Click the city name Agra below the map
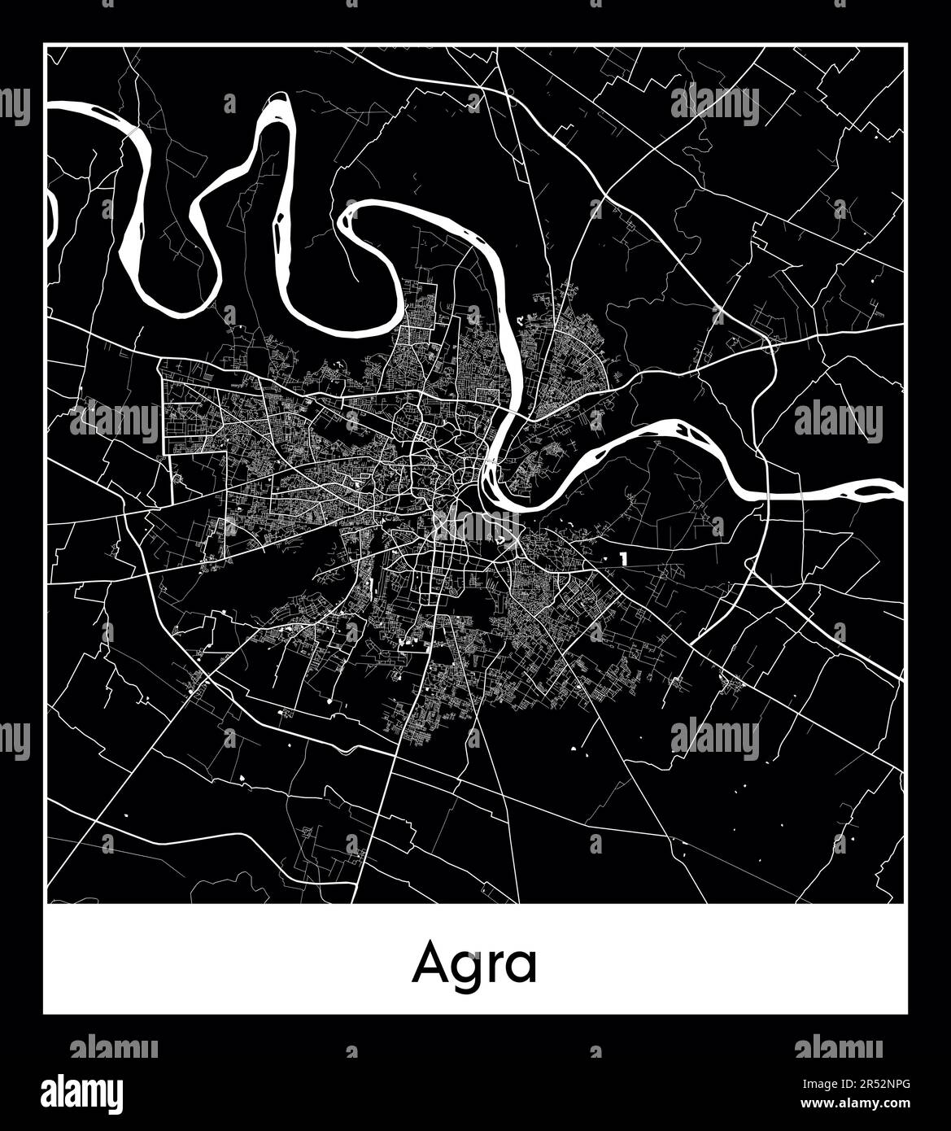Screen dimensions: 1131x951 pos(474,964)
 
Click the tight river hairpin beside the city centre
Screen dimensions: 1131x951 pos(490,480)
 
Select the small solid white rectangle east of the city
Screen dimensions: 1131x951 pos(623,559)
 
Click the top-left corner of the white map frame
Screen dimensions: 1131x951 pos(45,46)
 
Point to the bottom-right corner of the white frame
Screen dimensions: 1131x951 pos(906,1013)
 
